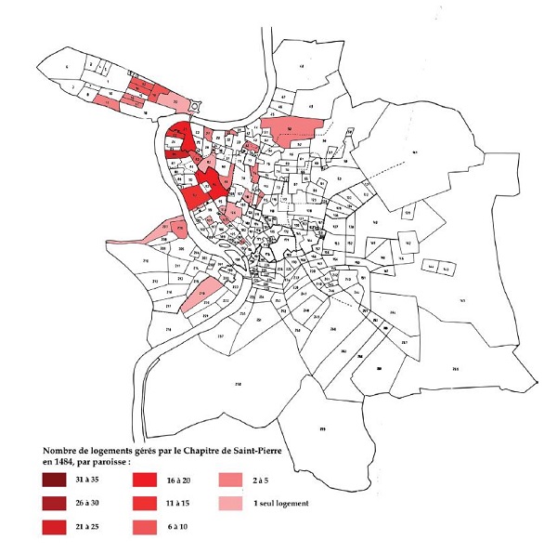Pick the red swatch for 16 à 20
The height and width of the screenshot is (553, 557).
click(146, 481)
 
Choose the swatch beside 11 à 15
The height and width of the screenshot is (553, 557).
click(146, 505)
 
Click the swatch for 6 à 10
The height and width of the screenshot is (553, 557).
click(146, 529)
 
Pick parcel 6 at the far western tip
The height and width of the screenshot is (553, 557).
click(67, 68)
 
